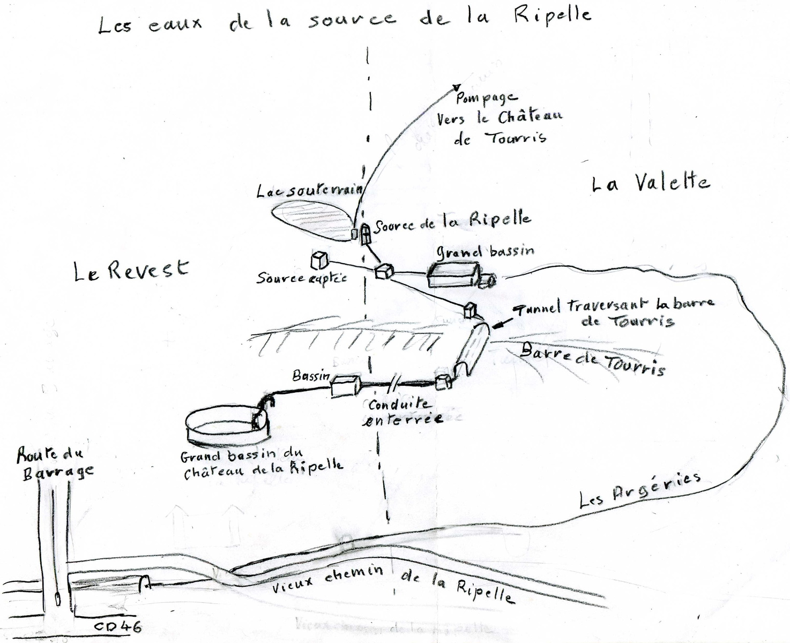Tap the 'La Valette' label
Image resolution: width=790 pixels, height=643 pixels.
[651, 183]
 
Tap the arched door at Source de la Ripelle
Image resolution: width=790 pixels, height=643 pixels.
[366, 234]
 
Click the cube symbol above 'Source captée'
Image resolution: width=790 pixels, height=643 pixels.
[319, 260]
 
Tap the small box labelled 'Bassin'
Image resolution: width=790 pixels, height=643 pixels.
[345, 385]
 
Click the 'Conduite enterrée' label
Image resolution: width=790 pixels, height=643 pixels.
[405, 412]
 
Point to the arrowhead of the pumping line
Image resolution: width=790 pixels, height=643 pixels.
[457, 87]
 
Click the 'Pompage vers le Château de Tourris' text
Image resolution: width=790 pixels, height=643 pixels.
[498, 118]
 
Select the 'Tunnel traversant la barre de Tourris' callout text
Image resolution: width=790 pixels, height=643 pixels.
[611, 312]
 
